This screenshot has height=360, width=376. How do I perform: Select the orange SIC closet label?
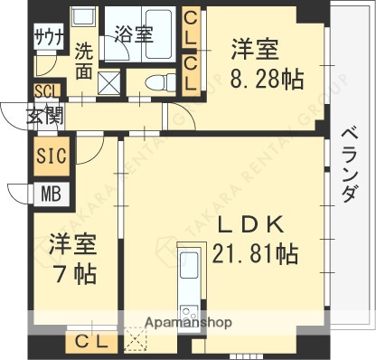pyautogui.click(x=50, y=156)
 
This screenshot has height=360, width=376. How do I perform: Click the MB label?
pyautogui.click(x=49, y=192)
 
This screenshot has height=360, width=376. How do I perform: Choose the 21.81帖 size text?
pyautogui.click(x=253, y=254)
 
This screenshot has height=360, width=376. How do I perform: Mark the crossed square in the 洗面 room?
pyautogui.click(x=107, y=87)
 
